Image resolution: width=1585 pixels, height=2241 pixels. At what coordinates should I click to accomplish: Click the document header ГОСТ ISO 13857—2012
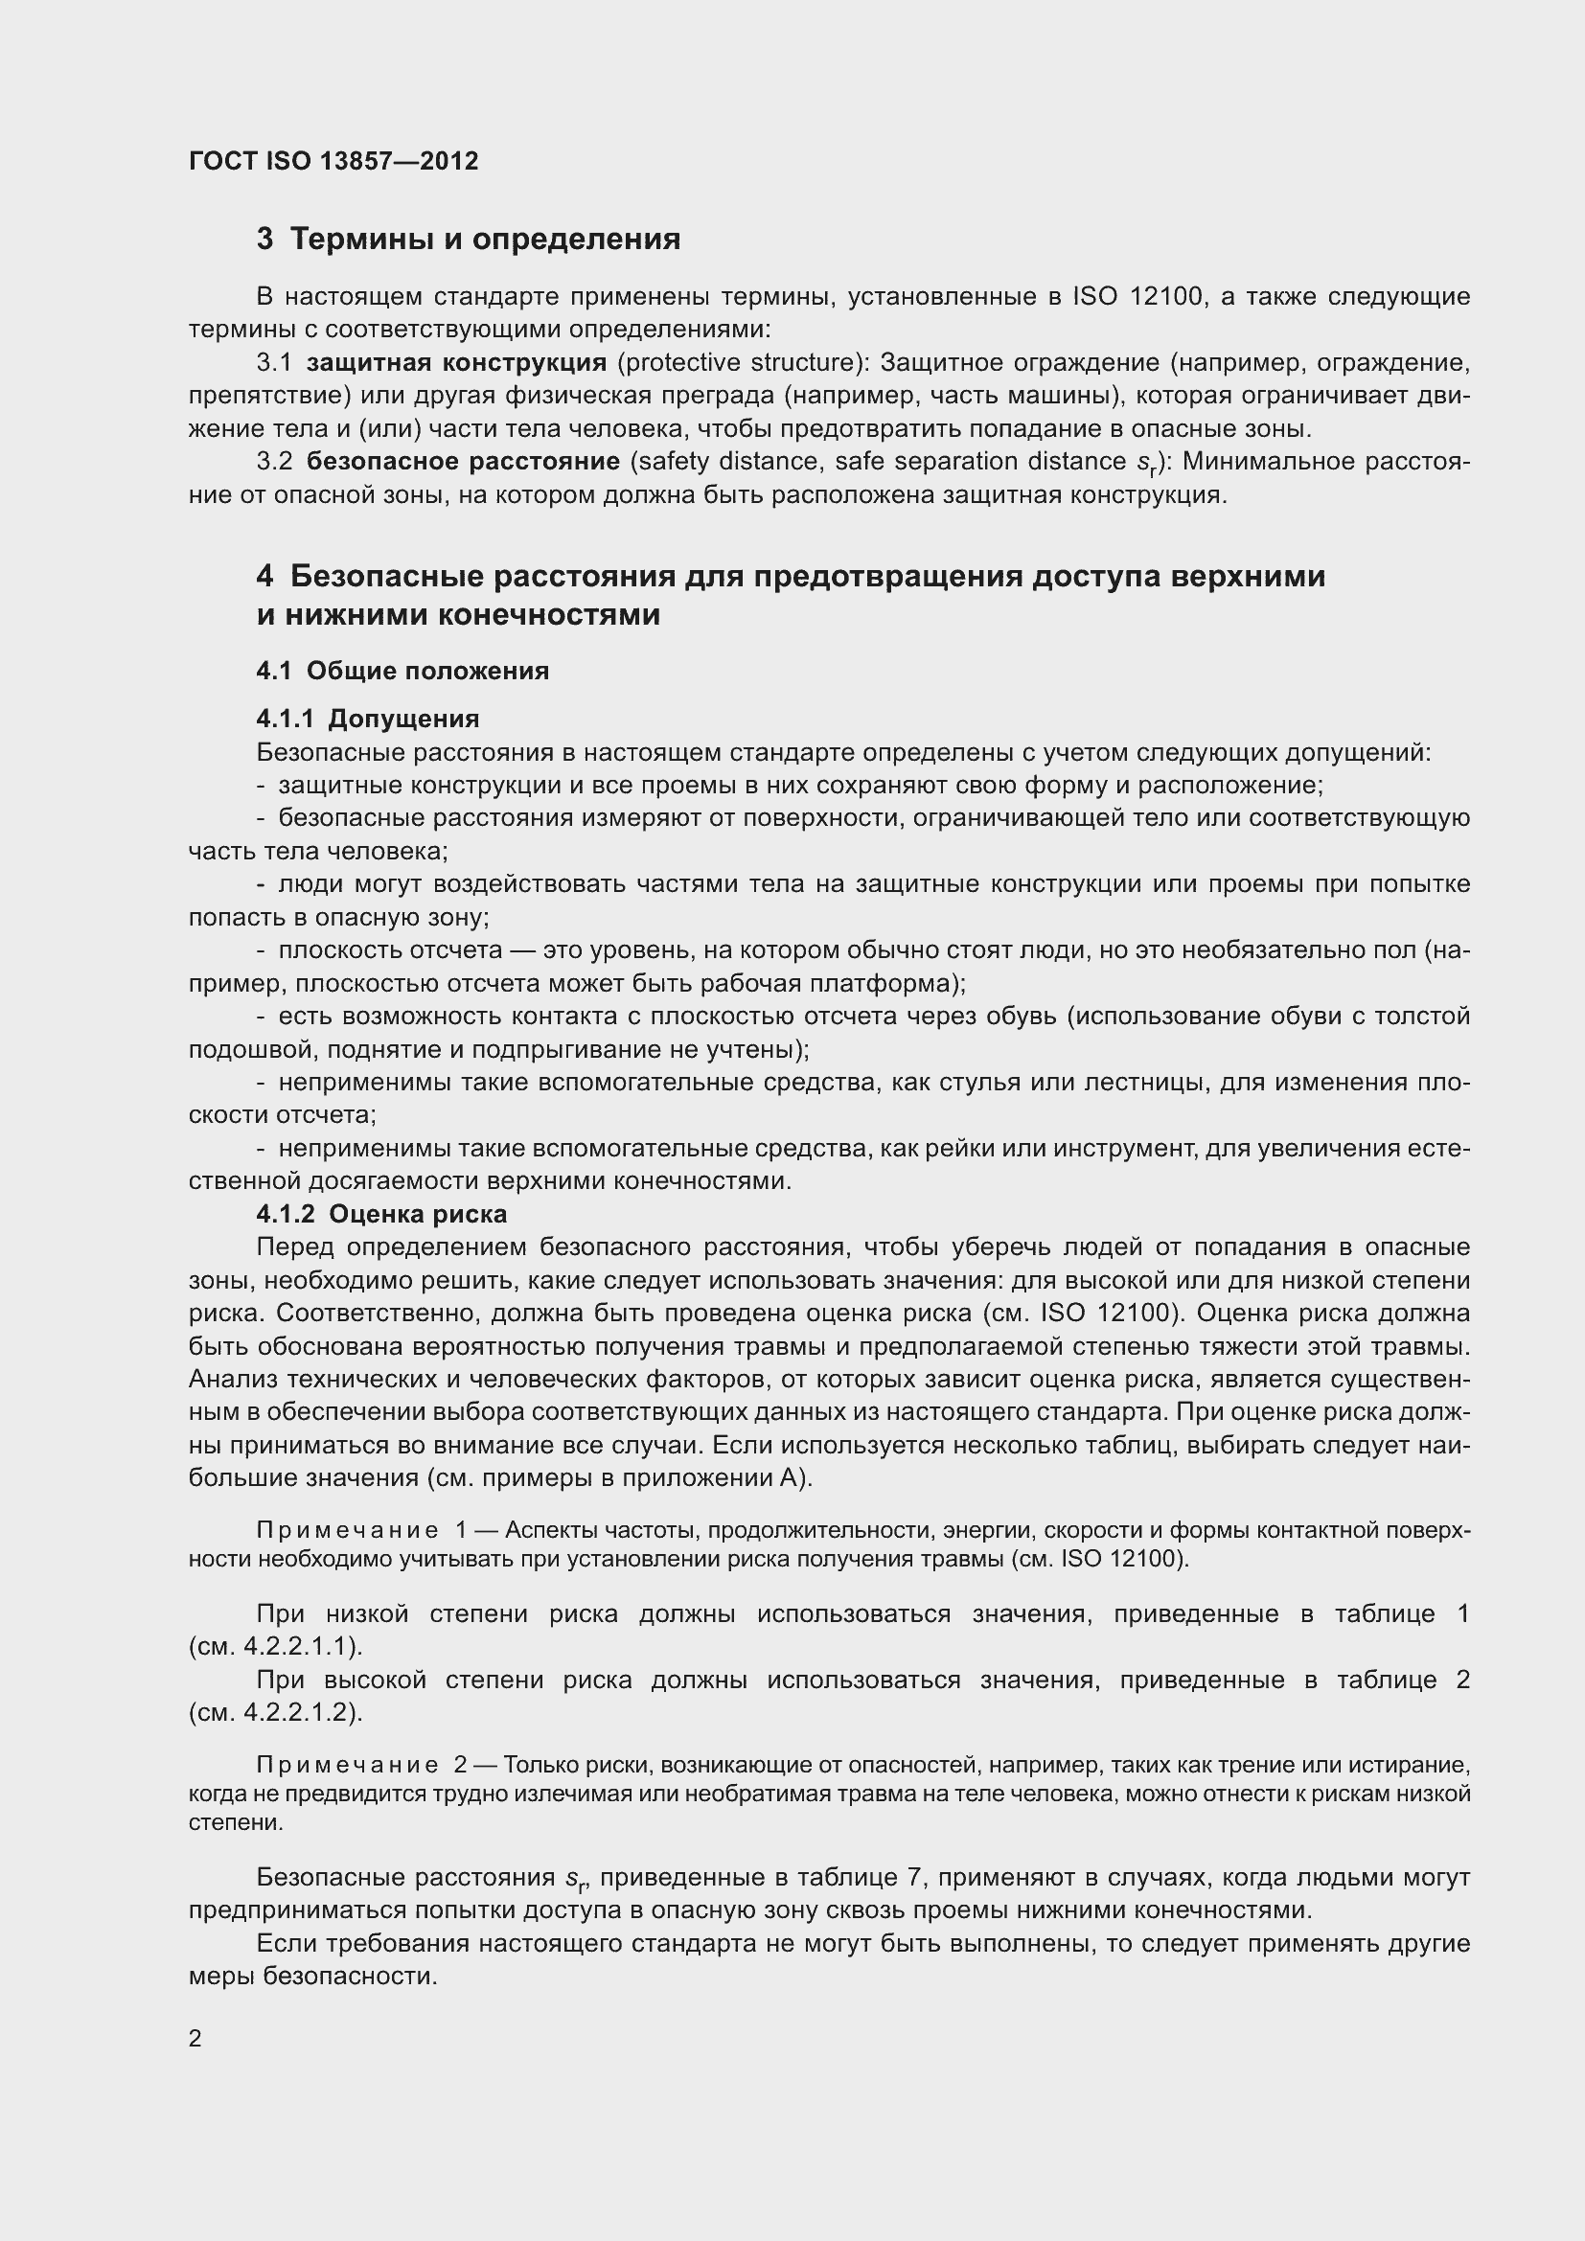[333, 161]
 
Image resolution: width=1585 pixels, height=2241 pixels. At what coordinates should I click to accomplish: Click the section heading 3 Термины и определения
[469, 240]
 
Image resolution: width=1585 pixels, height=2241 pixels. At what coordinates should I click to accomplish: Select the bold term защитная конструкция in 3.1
[456, 363]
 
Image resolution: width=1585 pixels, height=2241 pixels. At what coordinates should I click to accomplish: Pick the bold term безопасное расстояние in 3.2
[464, 461]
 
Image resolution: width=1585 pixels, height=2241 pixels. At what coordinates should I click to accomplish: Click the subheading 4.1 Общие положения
[402, 671]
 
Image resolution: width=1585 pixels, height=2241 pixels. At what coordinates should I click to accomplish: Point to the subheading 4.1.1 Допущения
[368, 719]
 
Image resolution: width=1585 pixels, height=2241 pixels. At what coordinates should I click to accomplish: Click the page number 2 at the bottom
[195, 2038]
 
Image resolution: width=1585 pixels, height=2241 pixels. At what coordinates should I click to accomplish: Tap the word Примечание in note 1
[347, 1529]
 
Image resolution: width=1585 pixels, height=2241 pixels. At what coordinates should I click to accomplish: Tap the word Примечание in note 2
[347, 1765]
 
